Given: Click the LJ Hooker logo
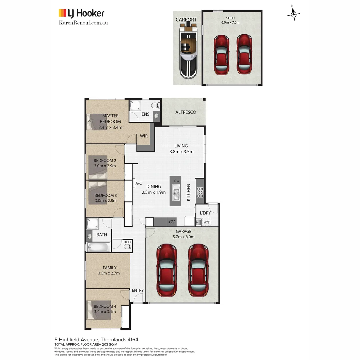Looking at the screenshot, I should [x=81, y=13].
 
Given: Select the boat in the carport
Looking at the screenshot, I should [x=188, y=50].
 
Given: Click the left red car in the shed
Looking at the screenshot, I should [x=221, y=55].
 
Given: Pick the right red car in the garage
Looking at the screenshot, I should [x=198, y=270].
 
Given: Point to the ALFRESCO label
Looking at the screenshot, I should [x=186, y=112].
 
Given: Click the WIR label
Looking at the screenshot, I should [x=144, y=136].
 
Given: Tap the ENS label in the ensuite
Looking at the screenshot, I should [x=145, y=114].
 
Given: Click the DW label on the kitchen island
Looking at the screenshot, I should [x=177, y=181].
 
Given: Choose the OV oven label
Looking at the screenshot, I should [x=172, y=222].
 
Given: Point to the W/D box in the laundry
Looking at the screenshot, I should [x=207, y=222].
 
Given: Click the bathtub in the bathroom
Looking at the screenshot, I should [x=98, y=247].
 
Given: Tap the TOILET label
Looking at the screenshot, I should [x=127, y=242].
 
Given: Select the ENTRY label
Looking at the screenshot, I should [x=138, y=290].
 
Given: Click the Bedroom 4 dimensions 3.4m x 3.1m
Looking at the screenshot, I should [x=105, y=312].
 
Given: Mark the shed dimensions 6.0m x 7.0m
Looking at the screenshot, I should [x=230, y=23].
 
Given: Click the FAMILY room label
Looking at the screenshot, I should [x=109, y=268].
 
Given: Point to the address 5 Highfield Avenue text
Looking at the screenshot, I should [x=96, y=340].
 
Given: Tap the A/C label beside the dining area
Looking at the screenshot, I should [x=139, y=183].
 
